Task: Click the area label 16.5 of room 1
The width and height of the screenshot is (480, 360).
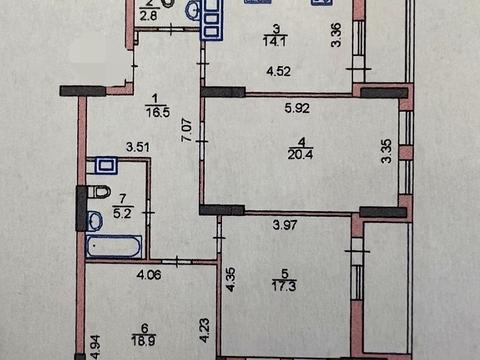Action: tap(158, 112)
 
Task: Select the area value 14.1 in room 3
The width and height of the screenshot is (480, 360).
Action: tap(275, 42)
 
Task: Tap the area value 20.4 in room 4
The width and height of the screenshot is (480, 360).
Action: tap(300, 154)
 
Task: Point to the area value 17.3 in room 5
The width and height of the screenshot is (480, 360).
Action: tap(284, 286)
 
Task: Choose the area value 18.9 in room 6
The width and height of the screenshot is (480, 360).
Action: tap(144, 341)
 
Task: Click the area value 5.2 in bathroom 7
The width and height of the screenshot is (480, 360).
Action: tap(122, 213)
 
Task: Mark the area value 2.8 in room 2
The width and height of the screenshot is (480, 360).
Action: tap(148, 16)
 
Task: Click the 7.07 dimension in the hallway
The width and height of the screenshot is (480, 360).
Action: tap(187, 130)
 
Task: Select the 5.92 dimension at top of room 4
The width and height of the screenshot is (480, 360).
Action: tap(297, 108)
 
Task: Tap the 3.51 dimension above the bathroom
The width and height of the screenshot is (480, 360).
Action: tap(138, 147)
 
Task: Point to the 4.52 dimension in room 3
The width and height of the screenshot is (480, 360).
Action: tap(279, 71)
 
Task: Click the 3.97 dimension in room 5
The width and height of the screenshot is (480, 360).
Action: tap(285, 225)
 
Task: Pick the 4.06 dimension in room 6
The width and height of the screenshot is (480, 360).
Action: tap(149, 275)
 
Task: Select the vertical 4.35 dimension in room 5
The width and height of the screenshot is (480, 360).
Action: tap(231, 279)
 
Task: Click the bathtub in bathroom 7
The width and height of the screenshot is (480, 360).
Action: tap(114, 246)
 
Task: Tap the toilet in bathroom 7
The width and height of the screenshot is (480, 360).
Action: tap(99, 192)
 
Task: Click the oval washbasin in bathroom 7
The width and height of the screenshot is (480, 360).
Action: tap(95, 221)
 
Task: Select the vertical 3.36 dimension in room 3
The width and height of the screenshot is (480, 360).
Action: tap(336, 35)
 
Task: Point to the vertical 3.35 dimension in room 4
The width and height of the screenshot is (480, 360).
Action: tap(387, 151)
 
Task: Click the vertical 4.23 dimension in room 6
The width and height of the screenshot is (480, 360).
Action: tap(205, 330)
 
